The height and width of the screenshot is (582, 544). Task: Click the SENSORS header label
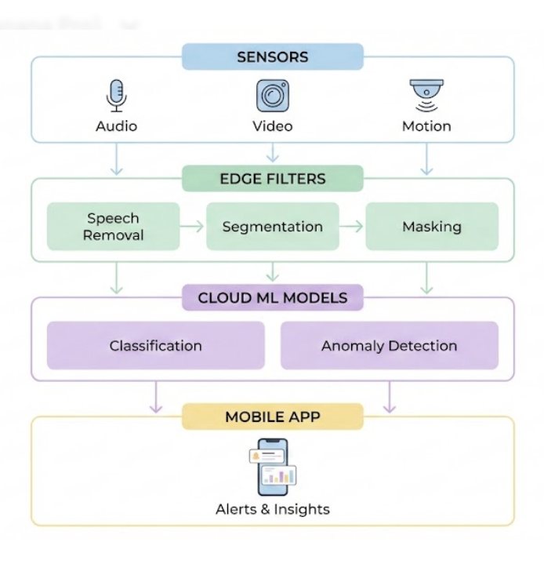tap(273, 57)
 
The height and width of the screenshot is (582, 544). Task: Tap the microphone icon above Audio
tap(116, 96)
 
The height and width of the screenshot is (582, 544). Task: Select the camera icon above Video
tap(273, 96)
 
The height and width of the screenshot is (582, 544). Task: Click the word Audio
tap(116, 126)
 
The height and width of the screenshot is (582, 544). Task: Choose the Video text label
tap(273, 126)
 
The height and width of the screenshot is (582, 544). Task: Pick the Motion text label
tap(426, 126)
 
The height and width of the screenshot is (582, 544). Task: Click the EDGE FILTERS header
tap(273, 179)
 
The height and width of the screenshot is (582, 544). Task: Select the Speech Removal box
tap(114, 227)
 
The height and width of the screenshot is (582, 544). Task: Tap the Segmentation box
tap(273, 227)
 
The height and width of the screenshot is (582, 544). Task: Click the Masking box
tap(432, 227)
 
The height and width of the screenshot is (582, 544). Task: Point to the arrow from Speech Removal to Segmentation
tap(193, 227)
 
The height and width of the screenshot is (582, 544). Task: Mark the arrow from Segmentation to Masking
tap(352, 227)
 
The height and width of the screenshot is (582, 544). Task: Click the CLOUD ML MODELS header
tap(273, 298)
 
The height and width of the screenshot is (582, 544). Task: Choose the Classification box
tap(155, 346)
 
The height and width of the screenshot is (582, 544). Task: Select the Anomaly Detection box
tap(389, 346)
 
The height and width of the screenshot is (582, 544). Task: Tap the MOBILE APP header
tap(273, 417)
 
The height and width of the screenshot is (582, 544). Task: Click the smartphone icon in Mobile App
tap(273, 467)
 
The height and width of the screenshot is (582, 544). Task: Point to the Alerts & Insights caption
tap(273, 510)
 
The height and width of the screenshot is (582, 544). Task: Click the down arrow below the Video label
tap(272, 153)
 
